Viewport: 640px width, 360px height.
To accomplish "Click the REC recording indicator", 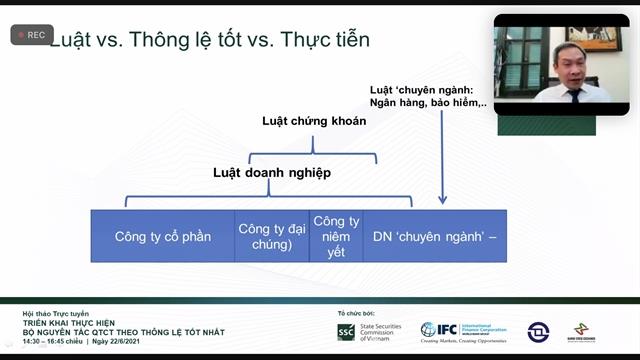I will (x=31, y=34).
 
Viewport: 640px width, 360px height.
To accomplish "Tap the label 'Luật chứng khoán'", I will (x=314, y=121).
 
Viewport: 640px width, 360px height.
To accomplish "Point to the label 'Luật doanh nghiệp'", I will (x=271, y=172).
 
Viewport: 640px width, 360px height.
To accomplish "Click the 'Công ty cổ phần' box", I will (x=162, y=236).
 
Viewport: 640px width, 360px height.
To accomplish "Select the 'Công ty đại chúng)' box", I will (x=272, y=236).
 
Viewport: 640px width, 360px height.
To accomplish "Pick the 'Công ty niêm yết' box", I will (x=336, y=236).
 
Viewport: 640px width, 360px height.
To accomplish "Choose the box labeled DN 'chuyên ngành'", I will (x=433, y=236).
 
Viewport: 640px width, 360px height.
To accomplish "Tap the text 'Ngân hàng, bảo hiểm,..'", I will (x=428, y=102).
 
